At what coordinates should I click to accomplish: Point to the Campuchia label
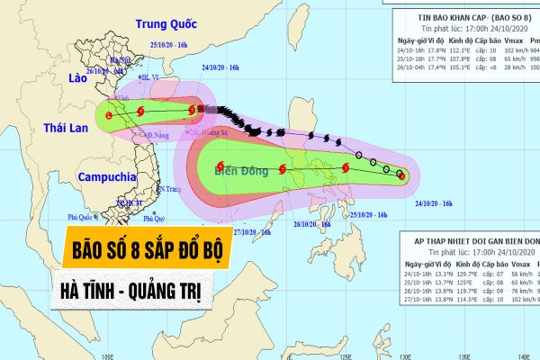tap(106, 177)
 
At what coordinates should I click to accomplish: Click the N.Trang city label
tap(170, 188)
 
